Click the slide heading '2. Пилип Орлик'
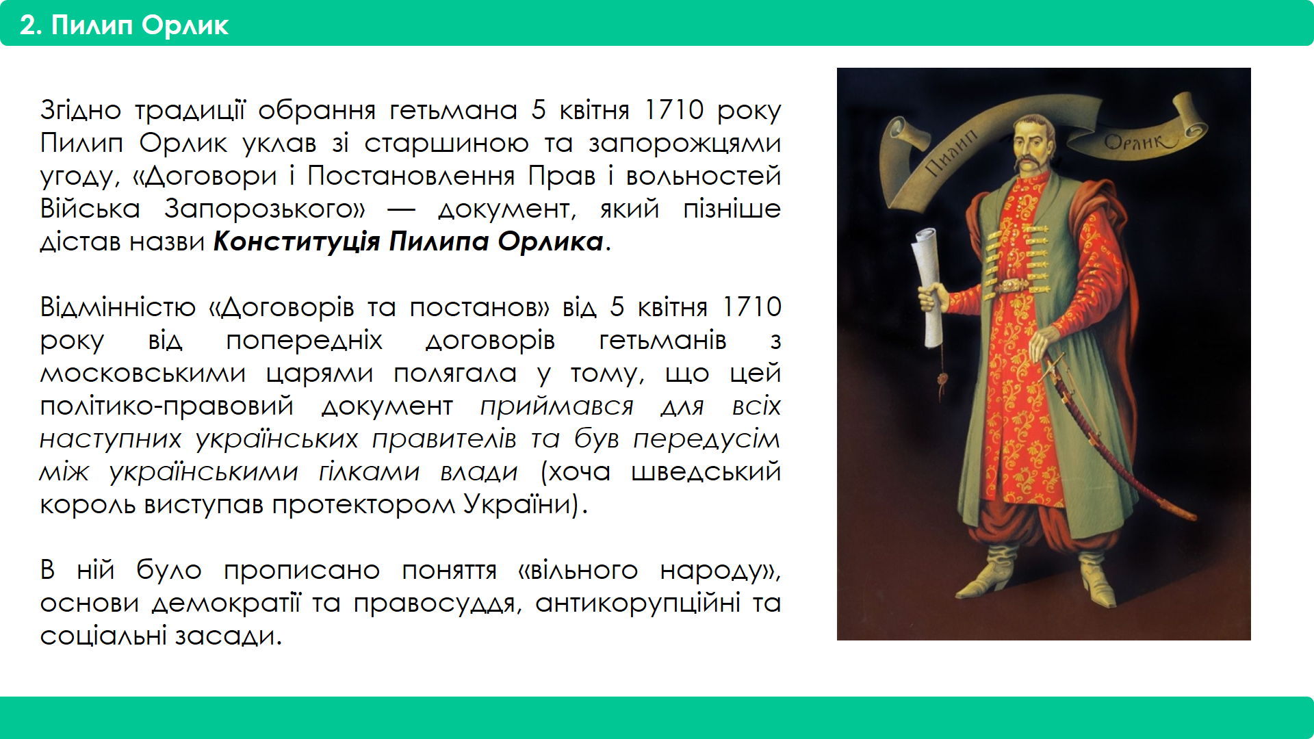[124, 25]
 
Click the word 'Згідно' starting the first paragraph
[81, 111]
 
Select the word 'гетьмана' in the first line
[454, 110]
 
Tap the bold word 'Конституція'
[296, 242]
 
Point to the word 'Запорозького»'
[265, 209]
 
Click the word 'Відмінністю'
[118, 307]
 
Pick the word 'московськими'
[142, 374]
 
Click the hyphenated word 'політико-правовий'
[166, 406]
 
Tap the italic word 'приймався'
[556, 406]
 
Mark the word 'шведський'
[706, 472]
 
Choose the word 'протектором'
[363, 506]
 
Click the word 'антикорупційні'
[638, 604]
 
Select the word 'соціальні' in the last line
[103, 636]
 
